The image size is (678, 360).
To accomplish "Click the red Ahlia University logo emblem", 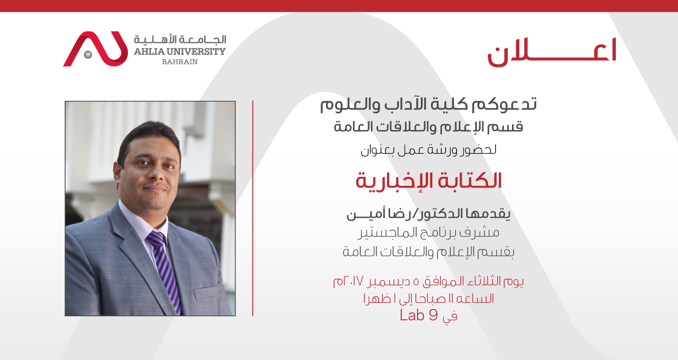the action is point(95,49).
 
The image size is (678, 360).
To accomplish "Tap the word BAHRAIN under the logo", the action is point(180,62).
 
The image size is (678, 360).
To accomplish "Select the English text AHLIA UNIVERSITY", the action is point(180,51).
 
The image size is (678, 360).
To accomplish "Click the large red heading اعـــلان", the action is point(552,52).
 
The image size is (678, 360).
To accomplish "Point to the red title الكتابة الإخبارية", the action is point(429,181).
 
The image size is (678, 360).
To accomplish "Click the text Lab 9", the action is point(419,315).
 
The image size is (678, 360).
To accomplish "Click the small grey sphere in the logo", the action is point(88,54).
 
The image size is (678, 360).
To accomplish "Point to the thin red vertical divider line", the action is point(253,208).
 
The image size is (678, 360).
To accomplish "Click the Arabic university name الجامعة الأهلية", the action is point(180,39).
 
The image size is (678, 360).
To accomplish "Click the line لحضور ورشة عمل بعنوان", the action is point(429,150).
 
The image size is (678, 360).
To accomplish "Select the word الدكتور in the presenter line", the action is point(441,214).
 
